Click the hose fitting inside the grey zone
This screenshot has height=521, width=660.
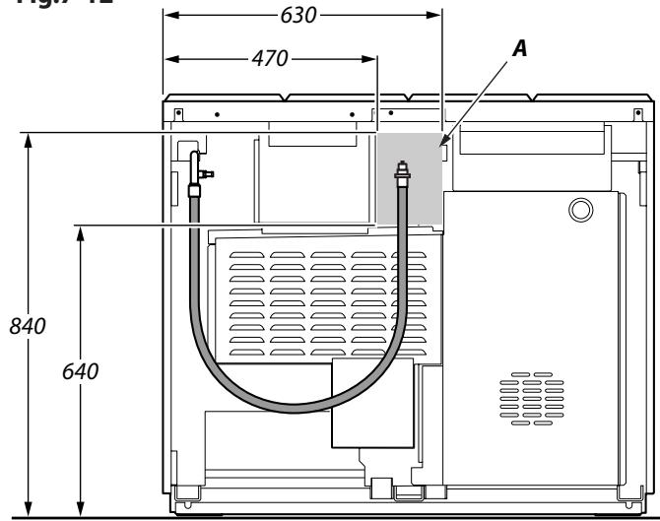401,168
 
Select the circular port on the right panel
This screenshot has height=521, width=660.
581,209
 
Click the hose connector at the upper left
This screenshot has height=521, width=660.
194,187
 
